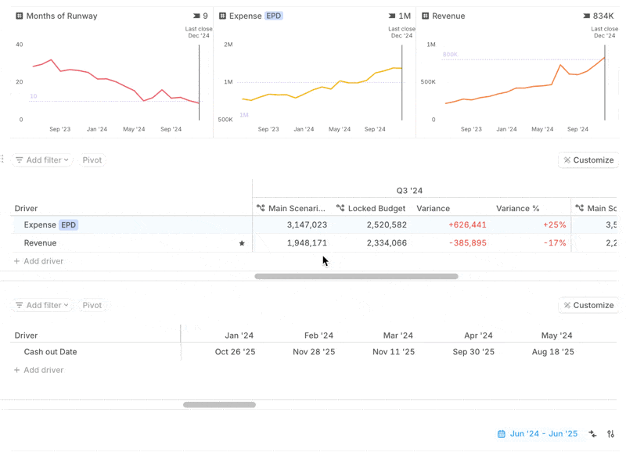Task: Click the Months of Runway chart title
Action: coord(62,16)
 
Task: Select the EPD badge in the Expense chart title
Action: coord(273,16)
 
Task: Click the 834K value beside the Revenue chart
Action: coord(603,16)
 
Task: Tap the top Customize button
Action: coord(588,160)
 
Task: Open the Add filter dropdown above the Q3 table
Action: coord(42,160)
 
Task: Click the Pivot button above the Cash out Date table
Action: coord(92,306)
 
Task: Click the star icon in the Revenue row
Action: coord(242,243)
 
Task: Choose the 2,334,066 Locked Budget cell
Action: coord(376,243)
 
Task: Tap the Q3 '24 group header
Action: coord(409,191)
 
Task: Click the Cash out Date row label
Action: coord(50,352)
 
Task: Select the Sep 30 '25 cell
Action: coord(473,352)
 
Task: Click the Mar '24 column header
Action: coord(398,336)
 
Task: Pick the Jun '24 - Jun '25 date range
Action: coord(543,434)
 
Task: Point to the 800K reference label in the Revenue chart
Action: coord(450,55)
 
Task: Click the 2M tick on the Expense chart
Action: coord(228,45)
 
